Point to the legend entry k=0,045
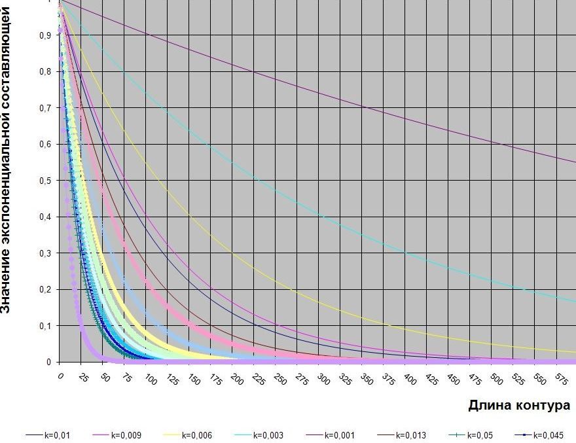pos(546,435)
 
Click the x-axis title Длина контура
pos(518,406)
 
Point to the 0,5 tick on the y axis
pos(46,181)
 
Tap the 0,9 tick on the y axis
pos(46,35)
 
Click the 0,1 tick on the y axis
pos(46,326)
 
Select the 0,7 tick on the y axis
pos(46,108)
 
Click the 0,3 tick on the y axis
pos(46,253)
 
